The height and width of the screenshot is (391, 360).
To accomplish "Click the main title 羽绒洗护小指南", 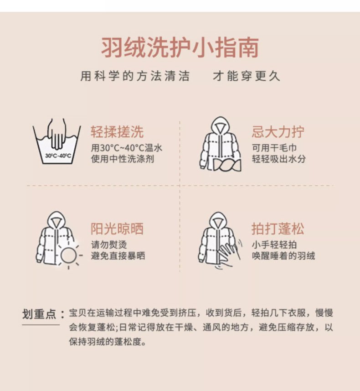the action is point(180,47).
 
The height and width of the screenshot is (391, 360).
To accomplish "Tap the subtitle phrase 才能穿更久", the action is point(247,76).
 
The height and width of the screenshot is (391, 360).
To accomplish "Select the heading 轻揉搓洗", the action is point(117,132).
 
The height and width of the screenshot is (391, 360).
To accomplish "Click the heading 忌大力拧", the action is point(278,132).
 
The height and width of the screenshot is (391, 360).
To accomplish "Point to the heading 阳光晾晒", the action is point(117,229).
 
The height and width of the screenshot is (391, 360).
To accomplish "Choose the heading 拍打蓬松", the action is point(278,229).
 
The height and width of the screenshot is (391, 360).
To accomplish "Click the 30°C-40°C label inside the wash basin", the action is point(58,156).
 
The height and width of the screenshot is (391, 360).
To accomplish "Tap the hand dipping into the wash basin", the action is point(57,134).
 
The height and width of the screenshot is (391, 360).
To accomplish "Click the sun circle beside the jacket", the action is point(68,256).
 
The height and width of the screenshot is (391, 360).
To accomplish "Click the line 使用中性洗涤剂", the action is point(122,159).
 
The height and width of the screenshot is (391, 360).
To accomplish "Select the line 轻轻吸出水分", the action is point(279,159).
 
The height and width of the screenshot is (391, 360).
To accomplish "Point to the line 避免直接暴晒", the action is point(118,255).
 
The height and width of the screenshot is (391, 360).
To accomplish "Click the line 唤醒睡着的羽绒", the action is point(283,255).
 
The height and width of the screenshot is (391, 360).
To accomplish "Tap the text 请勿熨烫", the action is point(109,245).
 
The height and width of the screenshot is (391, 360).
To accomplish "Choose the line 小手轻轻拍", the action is point(274,245).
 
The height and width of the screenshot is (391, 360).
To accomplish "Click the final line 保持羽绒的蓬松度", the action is point(108,342).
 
